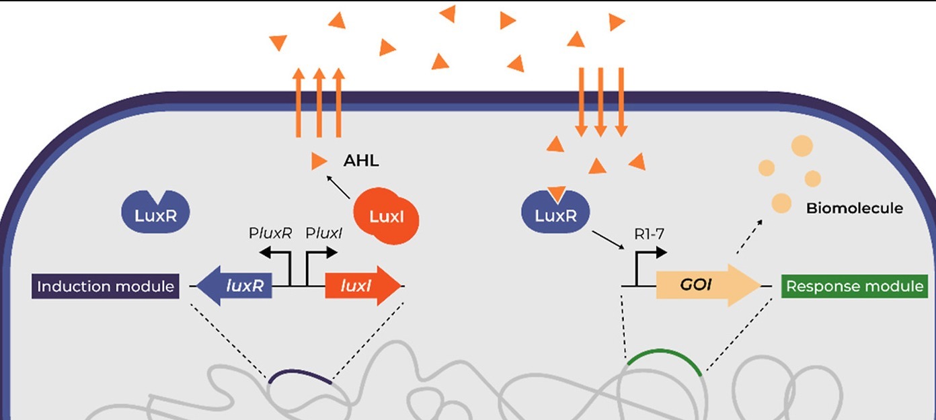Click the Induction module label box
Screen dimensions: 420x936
pos(106,287)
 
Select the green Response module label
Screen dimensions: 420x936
pos(855,287)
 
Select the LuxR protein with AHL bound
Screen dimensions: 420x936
pos(555,214)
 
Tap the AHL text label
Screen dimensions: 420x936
pos(361,161)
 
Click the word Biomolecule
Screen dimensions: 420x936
pos(854,208)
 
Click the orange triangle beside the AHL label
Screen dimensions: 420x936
pos(319,161)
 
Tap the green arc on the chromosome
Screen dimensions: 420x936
pos(664,359)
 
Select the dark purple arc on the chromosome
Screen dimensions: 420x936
pos(299,376)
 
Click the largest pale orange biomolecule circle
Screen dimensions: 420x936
pos(802,146)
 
